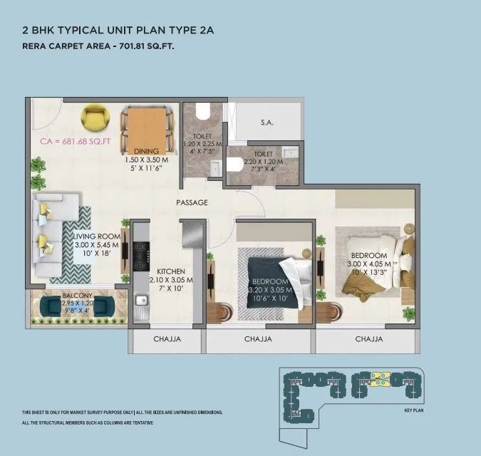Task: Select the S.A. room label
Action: (267, 123)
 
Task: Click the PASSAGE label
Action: (192, 202)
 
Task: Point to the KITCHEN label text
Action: (171, 271)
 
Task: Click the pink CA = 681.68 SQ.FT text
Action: (75, 141)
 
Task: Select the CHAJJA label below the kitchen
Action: (167, 339)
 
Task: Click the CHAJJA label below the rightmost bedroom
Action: (369, 339)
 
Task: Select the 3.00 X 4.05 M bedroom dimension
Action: (368, 264)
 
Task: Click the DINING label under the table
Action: (146, 151)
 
